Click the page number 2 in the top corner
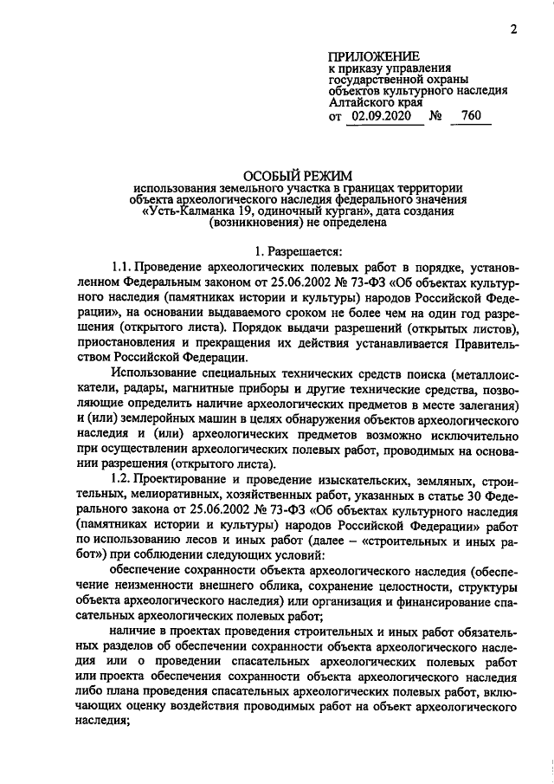pos(513,30)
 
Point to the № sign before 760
pos(437,116)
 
